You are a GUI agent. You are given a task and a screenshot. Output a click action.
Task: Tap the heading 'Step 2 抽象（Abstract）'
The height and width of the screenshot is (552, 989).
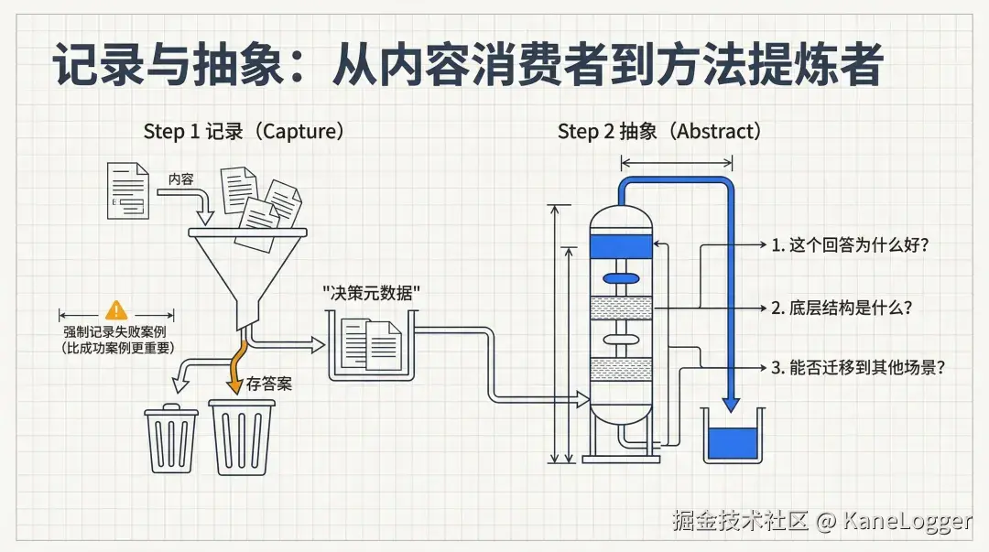[659, 131]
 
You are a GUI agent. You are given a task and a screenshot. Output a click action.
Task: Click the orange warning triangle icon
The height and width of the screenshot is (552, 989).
[115, 310]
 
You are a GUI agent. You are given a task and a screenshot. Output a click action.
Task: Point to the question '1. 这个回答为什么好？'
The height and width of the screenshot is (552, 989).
[851, 245]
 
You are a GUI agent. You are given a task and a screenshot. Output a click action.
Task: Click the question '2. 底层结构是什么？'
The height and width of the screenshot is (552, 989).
[842, 308]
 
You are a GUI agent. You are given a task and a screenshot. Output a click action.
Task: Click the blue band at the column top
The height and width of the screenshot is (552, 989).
[621, 245]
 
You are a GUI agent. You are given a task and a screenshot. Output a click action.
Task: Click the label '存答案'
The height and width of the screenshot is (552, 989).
[269, 384]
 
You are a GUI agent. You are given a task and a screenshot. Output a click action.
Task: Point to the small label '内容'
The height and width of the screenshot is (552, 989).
[180, 179]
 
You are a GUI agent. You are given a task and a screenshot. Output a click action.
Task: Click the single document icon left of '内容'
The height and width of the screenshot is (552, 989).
[127, 189]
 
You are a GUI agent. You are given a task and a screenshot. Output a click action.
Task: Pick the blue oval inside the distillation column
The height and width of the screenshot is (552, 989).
[620, 277]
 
